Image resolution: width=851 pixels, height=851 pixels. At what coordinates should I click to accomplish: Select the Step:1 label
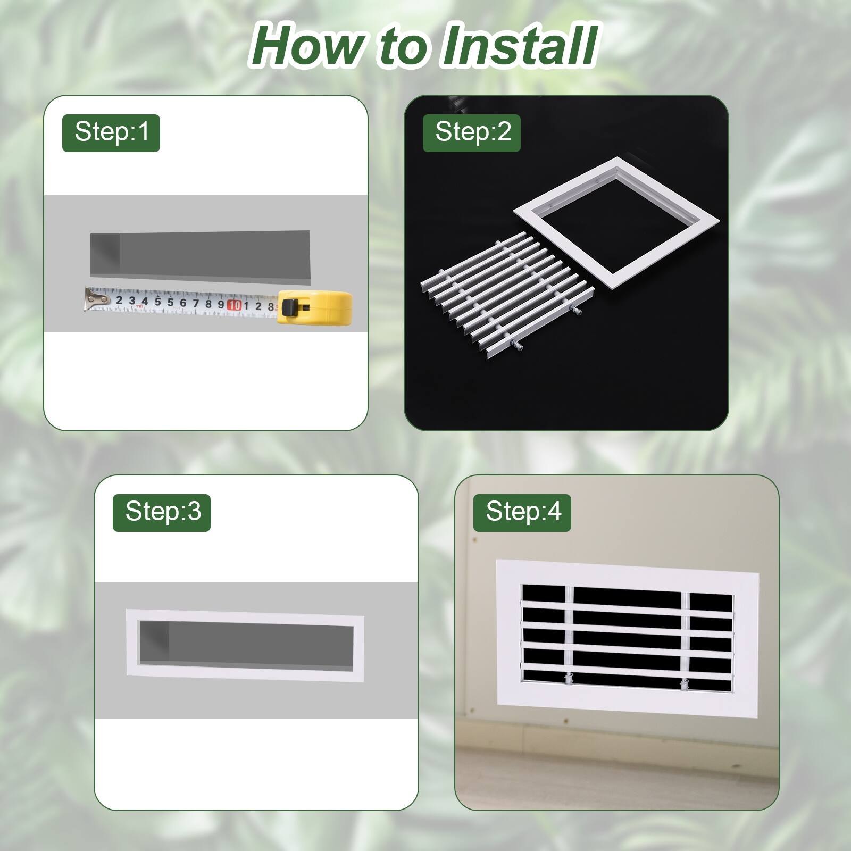click(x=111, y=132)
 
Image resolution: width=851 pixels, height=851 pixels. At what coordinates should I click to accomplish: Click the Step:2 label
click(x=472, y=132)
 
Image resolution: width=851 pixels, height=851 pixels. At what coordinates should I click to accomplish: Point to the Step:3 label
click(x=162, y=512)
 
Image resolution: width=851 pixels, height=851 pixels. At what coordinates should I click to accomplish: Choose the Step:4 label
click(x=522, y=512)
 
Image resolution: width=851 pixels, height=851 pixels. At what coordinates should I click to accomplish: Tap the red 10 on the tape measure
click(x=234, y=305)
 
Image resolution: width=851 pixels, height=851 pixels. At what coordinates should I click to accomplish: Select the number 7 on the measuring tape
click(x=195, y=303)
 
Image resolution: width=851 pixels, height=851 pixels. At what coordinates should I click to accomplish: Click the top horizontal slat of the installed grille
click(x=628, y=606)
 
